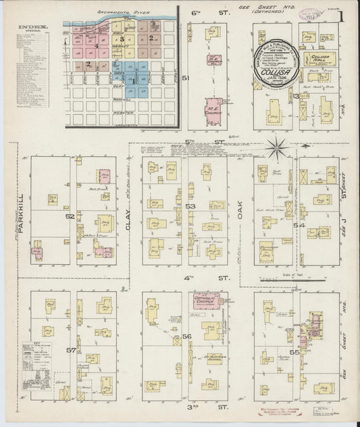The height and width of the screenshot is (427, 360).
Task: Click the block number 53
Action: pos(190,205)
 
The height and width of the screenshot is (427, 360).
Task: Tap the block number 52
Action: pos(70,216)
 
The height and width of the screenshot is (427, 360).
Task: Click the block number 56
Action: pos(187,336)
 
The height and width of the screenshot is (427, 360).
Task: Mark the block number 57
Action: pos(70,351)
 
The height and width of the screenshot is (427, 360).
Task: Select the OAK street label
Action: pos(241,213)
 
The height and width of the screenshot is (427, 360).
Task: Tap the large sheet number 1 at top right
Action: pos(346,14)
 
